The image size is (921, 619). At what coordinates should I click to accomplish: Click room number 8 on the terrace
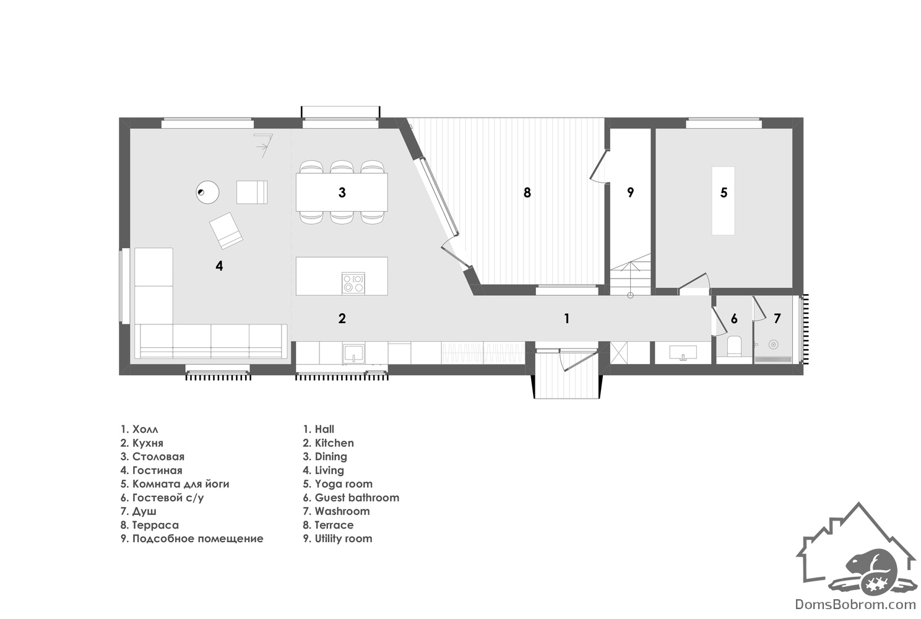[527, 193]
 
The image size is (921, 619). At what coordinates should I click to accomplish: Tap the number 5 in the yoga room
[724, 193]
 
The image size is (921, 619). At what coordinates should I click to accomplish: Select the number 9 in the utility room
[630, 193]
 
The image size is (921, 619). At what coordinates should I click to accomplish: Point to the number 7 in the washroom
[777, 318]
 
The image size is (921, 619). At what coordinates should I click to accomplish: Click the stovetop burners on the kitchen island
[353, 283]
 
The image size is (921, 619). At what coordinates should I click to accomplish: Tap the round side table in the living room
[207, 192]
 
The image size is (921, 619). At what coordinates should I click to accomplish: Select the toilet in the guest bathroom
[734, 346]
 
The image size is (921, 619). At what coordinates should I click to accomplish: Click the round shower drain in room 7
[774, 344]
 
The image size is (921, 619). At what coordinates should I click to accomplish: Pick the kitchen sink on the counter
[353, 354]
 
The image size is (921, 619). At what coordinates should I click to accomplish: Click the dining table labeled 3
[342, 193]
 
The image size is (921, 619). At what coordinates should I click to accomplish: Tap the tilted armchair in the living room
[226, 230]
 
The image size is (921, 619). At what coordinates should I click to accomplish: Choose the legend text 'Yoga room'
[344, 483]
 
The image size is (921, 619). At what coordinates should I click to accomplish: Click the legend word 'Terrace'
[334, 525]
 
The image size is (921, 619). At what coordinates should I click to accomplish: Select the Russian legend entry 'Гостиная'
[157, 470]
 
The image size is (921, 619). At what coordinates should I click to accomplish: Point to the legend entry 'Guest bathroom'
[357, 498]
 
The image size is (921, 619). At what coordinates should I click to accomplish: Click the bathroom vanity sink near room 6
[683, 353]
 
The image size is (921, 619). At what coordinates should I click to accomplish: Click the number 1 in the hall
[566, 318]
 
